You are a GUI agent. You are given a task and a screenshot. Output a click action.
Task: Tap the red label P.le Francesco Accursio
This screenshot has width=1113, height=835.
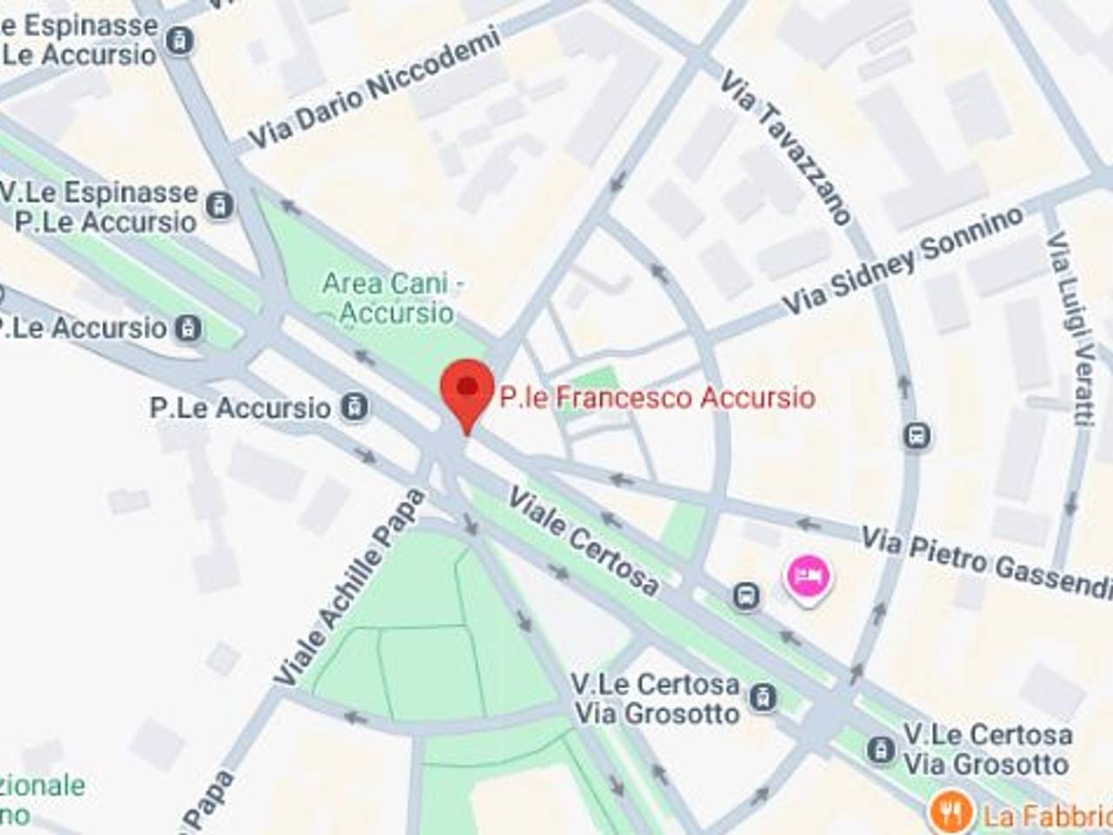click(657, 397)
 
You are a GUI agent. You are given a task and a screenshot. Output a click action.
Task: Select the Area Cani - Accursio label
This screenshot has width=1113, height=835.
click(394, 297)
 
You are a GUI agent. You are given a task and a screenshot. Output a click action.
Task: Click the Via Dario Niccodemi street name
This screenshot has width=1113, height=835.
click(375, 89)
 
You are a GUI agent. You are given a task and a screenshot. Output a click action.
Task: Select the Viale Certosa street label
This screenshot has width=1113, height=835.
click(583, 540)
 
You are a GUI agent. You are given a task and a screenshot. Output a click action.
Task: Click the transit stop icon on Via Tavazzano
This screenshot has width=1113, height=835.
click(916, 435)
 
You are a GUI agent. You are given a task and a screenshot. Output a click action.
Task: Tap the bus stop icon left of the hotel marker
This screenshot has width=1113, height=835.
click(745, 596)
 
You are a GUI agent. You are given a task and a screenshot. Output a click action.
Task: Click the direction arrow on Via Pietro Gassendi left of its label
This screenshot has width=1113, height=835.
click(810, 523)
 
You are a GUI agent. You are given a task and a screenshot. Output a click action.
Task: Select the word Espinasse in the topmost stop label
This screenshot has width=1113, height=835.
click(90, 25)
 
